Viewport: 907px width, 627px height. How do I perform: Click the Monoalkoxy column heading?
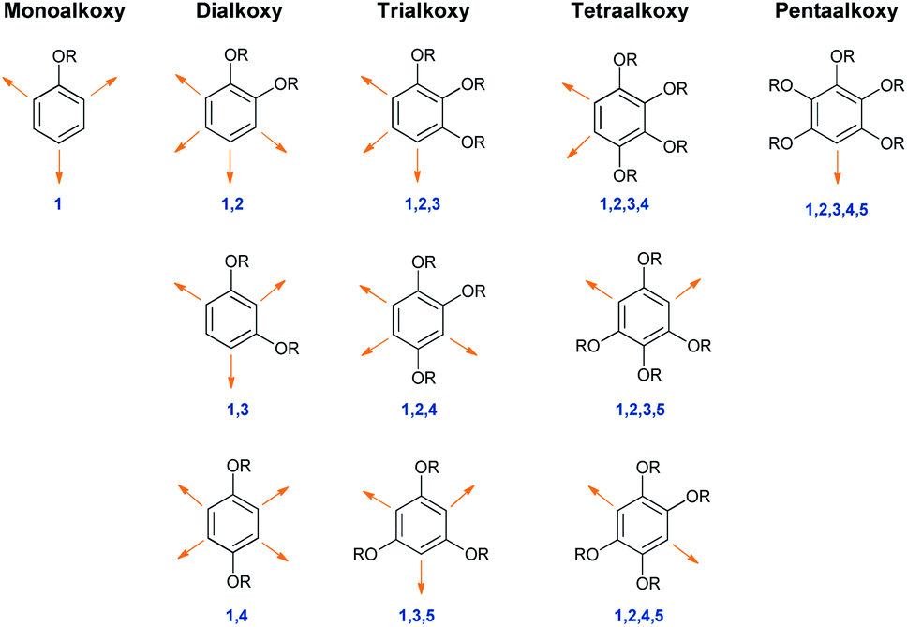(x=65, y=11)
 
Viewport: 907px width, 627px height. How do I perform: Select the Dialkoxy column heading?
(x=239, y=11)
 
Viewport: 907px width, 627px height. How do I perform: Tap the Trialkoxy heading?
(x=424, y=11)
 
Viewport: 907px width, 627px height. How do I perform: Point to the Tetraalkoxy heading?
(x=630, y=11)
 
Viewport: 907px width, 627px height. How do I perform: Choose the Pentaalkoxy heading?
(x=836, y=11)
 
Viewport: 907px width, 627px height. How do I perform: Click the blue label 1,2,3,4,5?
(x=837, y=209)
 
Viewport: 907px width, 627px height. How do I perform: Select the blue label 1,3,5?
(x=416, y=616)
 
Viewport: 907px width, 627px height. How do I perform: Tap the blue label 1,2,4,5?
(x=639, y=616)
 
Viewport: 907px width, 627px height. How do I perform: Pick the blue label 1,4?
(x=237, y=616)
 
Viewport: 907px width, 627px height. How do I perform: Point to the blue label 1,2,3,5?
(x=640, y=411)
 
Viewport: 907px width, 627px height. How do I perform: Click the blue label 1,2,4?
(x=420, y=411)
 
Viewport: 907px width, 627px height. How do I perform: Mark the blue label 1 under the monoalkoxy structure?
(x=58, y=203)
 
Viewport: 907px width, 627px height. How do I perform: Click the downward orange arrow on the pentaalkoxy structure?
(x=837, y=167)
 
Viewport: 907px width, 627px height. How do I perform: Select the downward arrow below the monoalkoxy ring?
(x=58, y=167)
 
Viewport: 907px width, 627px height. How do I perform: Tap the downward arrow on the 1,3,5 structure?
(x=421, y=577)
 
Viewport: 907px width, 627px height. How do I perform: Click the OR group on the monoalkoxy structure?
(x=65, y=56)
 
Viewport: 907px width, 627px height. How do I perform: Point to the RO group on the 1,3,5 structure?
(x=365, y=554)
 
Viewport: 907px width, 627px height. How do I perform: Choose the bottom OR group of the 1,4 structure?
(x=239, y=581)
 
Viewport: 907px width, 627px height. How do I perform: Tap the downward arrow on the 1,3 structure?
(x=231, y=371)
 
